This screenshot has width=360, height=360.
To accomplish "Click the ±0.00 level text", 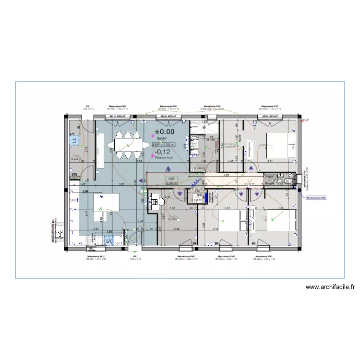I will coord(165,131).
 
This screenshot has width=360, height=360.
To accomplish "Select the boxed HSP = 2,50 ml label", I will coord(164,144).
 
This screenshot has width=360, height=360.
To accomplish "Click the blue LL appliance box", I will coord(74,141).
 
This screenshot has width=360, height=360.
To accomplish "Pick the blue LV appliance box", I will coord(109,240).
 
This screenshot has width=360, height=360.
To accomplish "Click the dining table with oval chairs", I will coord(128,144).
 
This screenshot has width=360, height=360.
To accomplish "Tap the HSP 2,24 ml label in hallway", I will coord(171,180).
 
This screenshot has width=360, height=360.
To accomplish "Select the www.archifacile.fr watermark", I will coord(330,288).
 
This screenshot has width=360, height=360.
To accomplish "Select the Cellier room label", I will coord(76,155).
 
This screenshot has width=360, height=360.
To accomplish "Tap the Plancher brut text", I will coord(163,157).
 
